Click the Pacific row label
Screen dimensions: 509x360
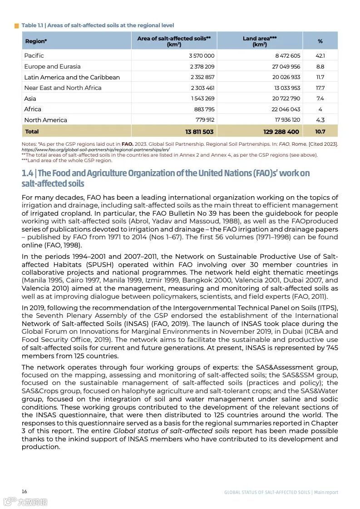(x=34, y=55)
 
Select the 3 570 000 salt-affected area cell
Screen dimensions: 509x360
(x=202, y=56)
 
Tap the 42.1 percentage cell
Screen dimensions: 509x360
(x=320, y=56)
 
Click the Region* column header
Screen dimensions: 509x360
(x=36, y=41)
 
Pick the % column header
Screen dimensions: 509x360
(x=320, y=41)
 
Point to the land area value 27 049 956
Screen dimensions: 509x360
(x=286, y=66)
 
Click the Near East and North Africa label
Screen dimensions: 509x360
(x=63, y=88)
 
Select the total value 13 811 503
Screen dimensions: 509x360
(x=199, y=132)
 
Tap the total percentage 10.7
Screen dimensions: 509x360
(x=320, y=132)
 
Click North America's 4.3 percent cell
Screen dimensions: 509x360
(x=320, y=120)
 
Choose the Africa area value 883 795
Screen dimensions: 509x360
(x=204, y=109)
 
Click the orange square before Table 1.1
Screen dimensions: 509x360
(x=17, y=25)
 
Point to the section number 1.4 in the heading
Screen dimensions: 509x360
(x=27, y=173)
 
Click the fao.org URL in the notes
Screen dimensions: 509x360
(x=95, y=149)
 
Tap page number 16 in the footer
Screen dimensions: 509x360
(x=25, y=491)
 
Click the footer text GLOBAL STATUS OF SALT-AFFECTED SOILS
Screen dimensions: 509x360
(x=267, y=492)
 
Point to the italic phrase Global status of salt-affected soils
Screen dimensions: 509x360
(x=171, y=430)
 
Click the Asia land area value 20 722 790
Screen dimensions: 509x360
(x=286, y=99)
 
